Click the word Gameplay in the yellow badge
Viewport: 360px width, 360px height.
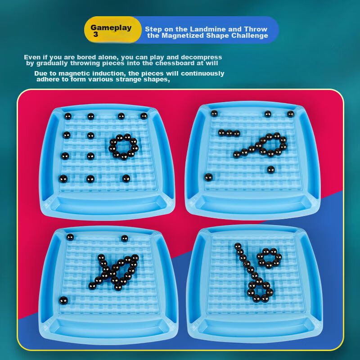point(111,28)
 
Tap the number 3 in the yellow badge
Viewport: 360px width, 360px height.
point(96,35)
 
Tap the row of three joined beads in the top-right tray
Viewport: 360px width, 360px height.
point(229,133)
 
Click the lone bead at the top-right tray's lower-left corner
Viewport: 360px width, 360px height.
point(208,177)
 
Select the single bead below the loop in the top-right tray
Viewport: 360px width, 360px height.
point(271,170)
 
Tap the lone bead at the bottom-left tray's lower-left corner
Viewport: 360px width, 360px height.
point(63,301)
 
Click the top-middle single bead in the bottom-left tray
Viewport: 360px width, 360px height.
point(125,238)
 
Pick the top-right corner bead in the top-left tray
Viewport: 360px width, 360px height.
point(144,116)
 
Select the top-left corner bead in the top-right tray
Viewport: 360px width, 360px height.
point(214,113)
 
